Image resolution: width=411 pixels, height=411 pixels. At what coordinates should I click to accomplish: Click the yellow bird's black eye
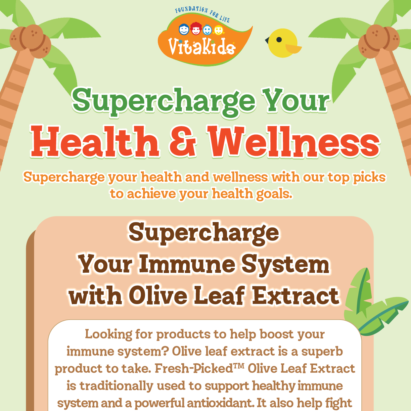click(x=279, y=39)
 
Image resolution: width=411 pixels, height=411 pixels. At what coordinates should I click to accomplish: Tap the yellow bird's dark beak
click(x=267, y=40)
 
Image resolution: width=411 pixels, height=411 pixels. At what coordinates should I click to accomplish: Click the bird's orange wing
click(x=293, y=49)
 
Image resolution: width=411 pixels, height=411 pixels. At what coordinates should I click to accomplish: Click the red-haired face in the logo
click(x=196, y=29)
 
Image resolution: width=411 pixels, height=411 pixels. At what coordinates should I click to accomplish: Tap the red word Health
click(x=95, y=142)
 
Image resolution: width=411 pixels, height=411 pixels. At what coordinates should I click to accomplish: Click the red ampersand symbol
click(x=183, y=142)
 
